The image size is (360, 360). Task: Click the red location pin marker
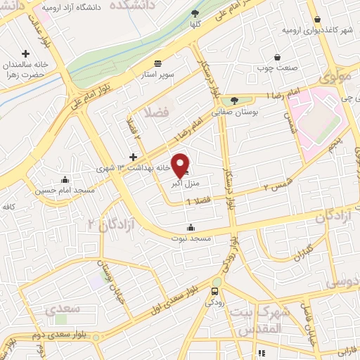pyautogui.click(x=181, y=165)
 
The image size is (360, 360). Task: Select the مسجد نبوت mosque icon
pyautogui.click(x=191, y=227)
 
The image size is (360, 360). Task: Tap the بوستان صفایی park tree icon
pyautogui.click(x=234, y=101)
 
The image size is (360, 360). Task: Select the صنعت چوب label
pyautogui.click(x=278, y=69)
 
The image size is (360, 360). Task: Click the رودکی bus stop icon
pyautogui.click(x=214, y=292)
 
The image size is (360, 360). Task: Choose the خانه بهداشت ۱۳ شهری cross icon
pyautogui.click(x=133, y=156)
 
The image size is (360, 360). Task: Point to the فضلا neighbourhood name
pyautogui.click(x=157, y=112)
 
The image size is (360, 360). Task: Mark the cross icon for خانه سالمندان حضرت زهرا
pyautogui.click(x=26, y=53)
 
